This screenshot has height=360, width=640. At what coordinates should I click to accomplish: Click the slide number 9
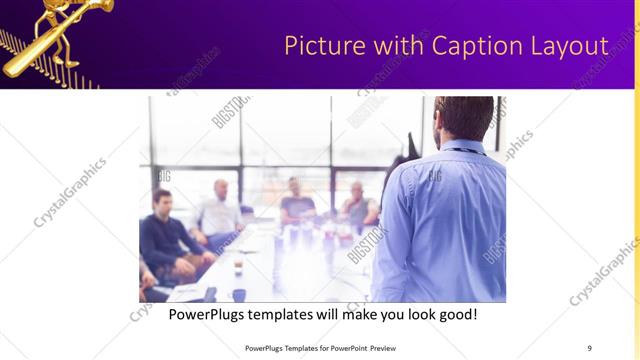point(589,347)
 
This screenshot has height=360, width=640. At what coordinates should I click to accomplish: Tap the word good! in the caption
point(455,313)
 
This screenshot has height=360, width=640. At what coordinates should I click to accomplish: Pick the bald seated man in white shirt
point(219,213)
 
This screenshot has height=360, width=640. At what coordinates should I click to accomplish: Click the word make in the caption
point(345,313)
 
